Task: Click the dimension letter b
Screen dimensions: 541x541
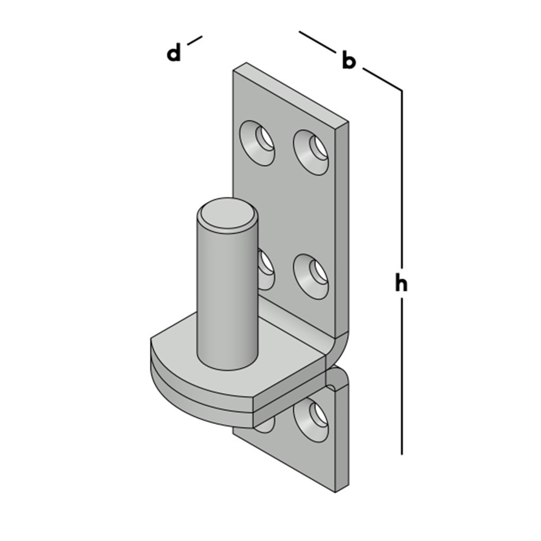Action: (348, 60)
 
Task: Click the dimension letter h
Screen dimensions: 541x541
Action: (401, 282)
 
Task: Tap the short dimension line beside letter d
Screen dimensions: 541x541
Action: (195, 41)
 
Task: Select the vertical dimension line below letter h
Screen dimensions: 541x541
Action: (401, 377)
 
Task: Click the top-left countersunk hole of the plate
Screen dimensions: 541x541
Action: (258, 143)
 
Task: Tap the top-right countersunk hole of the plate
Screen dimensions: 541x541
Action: (311, 152)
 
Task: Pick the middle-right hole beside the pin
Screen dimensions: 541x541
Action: (311, 276)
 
